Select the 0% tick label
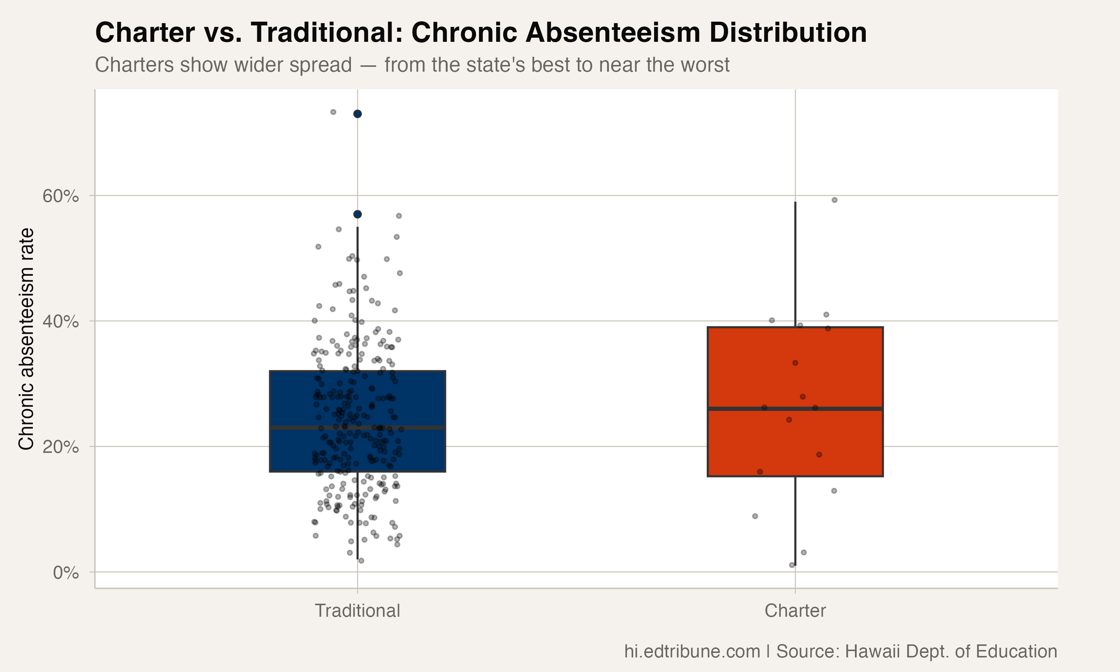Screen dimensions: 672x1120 [66, 573]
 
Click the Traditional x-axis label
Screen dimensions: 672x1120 [357, 611]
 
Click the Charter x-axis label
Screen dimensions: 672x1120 [795, 611]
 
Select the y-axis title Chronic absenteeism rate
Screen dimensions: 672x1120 [26, 339]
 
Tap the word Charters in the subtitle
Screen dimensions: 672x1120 [134, 65]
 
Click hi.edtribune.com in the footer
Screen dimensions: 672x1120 [692, 651]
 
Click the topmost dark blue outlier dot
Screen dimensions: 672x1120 [357, 113]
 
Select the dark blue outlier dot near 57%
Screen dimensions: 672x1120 [357, 214]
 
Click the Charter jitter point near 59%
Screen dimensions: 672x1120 [834, 200]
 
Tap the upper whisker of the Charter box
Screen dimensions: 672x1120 [796, 263]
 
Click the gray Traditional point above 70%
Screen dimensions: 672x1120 [333, 112]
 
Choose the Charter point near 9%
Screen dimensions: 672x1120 [755, 516]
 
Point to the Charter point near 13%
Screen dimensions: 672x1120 [834, 491]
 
